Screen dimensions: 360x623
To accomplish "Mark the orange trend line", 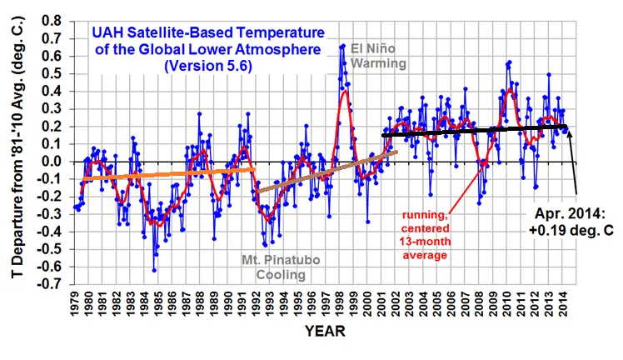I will [167, 173].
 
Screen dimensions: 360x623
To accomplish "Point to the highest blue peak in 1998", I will [342, 46].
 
